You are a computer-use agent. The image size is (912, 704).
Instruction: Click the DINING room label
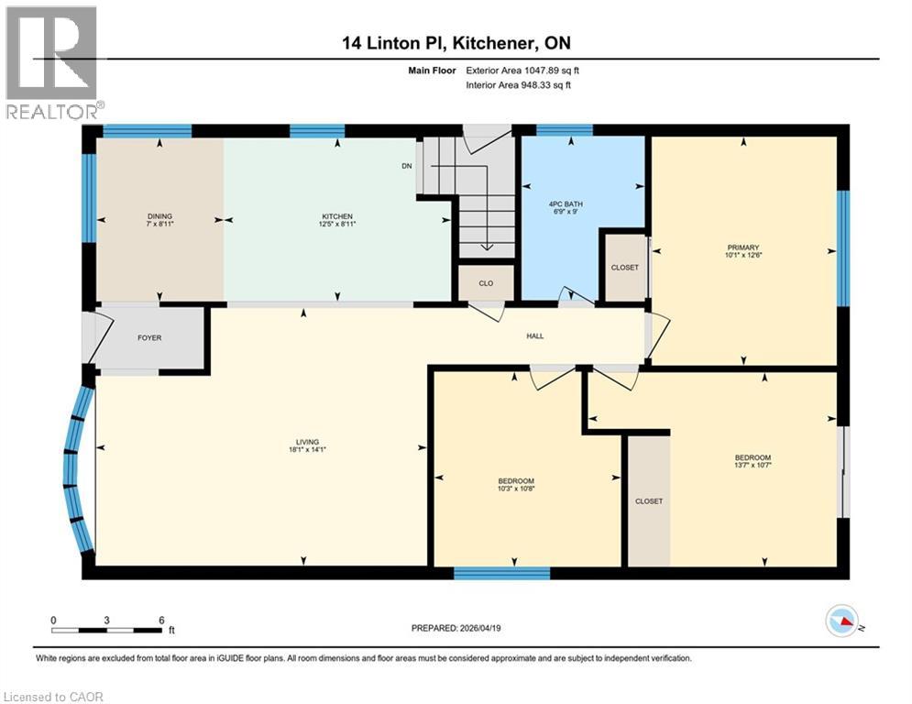(159, 216)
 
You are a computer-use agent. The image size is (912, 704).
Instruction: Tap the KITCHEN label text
(337, 216)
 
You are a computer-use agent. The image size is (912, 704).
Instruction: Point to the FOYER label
(149, 338)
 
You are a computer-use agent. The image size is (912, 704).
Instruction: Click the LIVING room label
(307, 442)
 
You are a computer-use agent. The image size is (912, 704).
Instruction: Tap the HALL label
(535, 336)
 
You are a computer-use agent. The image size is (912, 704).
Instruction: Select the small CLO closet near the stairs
(486, 283)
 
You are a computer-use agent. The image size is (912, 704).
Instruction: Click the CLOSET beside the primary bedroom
(624, 268)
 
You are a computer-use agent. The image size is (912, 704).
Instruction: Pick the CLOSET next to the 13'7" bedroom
(648, 501)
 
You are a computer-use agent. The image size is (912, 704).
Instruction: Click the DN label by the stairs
(407, 166)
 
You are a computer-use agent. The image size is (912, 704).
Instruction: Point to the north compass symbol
(843, 622)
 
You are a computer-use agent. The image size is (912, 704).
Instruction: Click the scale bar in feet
(107, 629)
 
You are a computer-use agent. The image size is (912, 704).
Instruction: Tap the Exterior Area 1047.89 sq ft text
(523, 69)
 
